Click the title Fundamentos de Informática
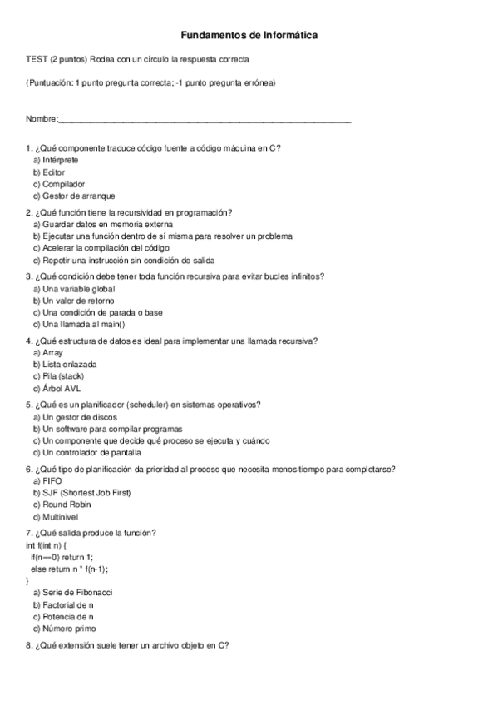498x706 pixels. point(249,36)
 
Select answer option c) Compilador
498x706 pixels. point(59,183)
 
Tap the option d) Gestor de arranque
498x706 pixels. point(73,196)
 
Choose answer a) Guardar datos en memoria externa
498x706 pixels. point(103,224)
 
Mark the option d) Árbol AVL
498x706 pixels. point(57,389)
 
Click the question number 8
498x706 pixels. point(29,645)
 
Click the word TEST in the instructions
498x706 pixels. point(37,59)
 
